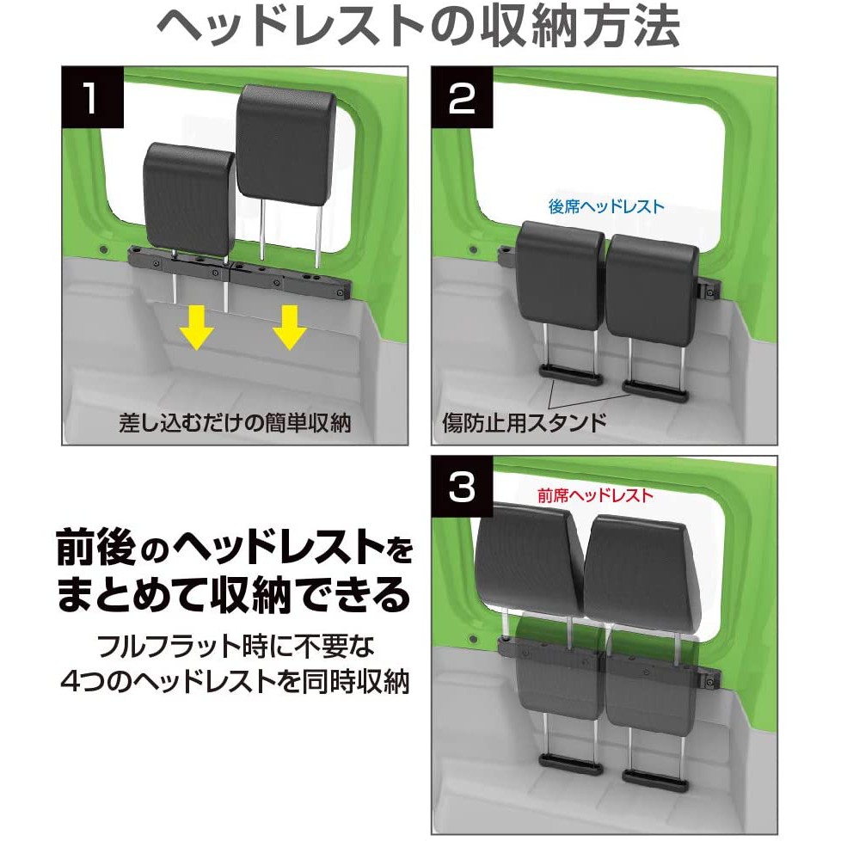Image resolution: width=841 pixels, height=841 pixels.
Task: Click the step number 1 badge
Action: pyautogui.click(x=93, y=97)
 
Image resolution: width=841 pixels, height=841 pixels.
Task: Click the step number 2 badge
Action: pyautogui.click(x=462, y=97)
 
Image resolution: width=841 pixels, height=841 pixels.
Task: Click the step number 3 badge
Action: pyautogui.click(x=462, y=487)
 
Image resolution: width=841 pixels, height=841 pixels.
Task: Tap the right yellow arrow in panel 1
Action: pyautogui.click(x=289, y=328)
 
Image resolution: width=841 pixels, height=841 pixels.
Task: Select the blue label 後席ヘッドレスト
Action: pyautogui.click(x=605, y=206)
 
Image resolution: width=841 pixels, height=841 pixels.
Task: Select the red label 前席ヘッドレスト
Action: pyautogui.click(x=595, y=495)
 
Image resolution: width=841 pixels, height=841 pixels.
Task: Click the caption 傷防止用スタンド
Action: pyautogui.click(x=524, y=422)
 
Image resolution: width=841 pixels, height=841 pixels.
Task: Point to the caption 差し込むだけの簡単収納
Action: pyautogui.click(x=235, y=423)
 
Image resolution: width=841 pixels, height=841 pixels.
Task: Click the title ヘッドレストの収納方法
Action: pyautogui.click(x=419, y=27)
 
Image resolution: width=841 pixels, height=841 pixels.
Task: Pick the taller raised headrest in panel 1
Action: pyautogui.click(x=285, y=143)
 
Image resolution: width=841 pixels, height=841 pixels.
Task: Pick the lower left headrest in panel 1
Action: pyautogui.click(x=189, y=199)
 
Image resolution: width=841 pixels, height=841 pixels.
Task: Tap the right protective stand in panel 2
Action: pyautogui.click(x=655, y=391)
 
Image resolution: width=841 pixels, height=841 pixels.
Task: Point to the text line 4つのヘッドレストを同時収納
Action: pyautogui.click(x=235, y=682)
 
